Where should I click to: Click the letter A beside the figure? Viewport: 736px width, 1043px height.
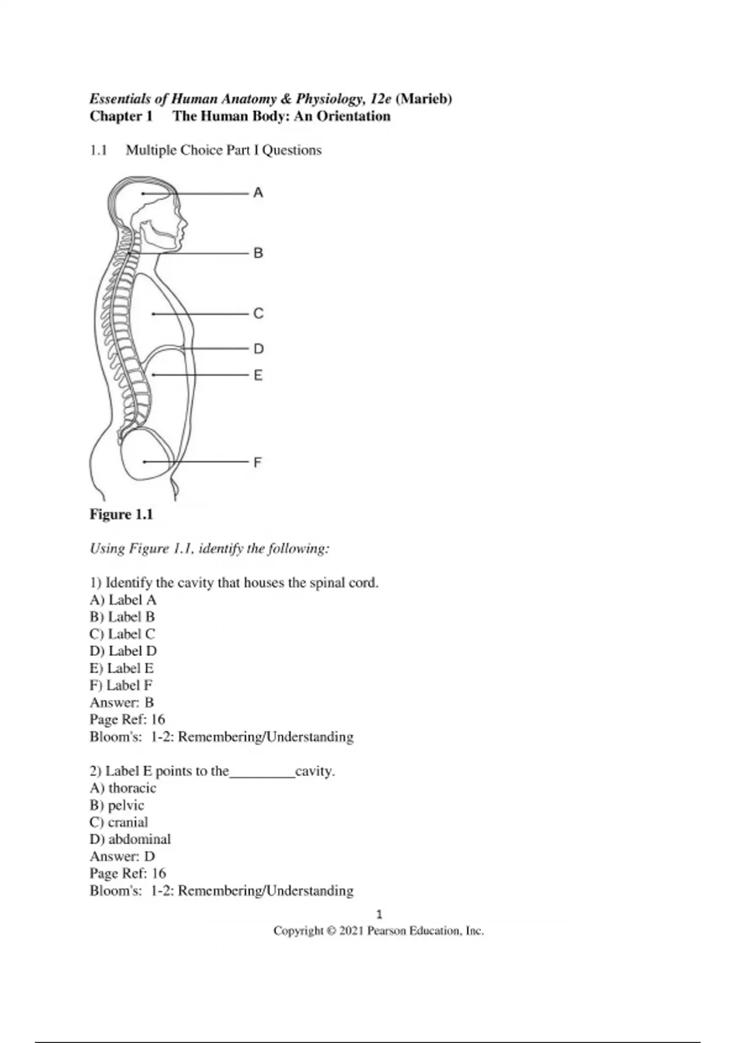coord(258,193)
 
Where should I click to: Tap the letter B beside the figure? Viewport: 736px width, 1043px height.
coord(258,253)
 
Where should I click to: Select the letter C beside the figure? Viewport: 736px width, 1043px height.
coord(258,314)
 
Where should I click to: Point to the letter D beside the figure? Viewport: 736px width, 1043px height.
coord(258,349)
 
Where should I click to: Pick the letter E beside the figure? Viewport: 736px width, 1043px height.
coord(258,375)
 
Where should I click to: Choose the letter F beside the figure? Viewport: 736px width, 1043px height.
coord(258,462)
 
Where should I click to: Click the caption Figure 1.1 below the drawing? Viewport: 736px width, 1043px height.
coord(121,514)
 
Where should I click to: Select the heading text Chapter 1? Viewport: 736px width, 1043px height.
coord(121,116)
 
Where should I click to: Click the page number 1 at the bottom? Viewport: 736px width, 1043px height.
coord(379,914)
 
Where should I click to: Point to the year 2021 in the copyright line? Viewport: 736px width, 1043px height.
coord(351,931)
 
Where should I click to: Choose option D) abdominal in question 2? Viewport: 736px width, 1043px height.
coord(130,839)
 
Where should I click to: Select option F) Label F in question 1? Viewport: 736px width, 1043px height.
coord(121,685)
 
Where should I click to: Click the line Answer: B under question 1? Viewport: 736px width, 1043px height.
coord(121,702)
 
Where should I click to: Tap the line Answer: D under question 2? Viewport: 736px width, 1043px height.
coord(122,856)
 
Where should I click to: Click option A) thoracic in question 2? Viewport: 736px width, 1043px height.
coord(123,788)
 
